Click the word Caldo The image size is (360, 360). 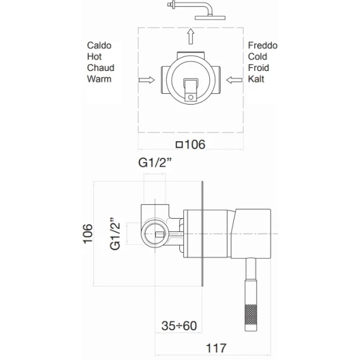click(x=99, y=46)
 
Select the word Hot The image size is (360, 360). click(x=94, y=56)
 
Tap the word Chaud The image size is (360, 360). click(x=101, y=68)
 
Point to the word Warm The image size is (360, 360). click(x=99, y=79)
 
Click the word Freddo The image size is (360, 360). click(x=262, y=46)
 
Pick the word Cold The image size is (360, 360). click(x=257, y=56)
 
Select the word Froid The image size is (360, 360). click(x=259, y=68)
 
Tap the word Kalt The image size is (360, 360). click(x=256, y=79)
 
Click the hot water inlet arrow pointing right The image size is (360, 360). click(x=146, y=80)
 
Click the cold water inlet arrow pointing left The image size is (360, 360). click(x=234, y=80)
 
